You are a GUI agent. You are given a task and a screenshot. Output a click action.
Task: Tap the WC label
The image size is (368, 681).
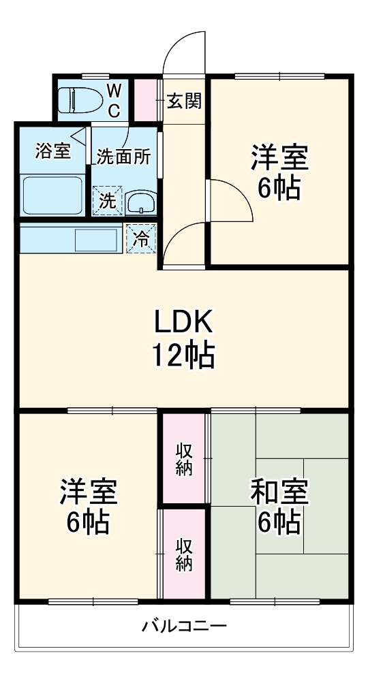(x=114, y=99)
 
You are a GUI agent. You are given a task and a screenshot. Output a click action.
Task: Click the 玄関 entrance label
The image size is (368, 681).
(x=184, y=101)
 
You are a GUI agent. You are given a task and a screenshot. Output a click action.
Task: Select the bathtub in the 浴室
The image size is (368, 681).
(x=52, y=194)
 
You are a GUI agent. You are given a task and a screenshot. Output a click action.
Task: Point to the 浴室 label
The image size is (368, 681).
(x=52, y=152)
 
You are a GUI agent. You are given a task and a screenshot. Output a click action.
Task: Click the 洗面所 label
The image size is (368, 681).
(x=123, y=156)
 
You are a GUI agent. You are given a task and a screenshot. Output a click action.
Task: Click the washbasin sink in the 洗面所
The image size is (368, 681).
(x=141, y=202)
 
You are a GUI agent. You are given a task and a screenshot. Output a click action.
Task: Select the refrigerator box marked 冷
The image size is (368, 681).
(x=141, y=238)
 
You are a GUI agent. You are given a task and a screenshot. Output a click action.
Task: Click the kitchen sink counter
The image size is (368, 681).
(x=71, y=239)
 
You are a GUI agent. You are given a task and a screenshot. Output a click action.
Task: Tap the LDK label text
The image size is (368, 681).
(x=183, y=319)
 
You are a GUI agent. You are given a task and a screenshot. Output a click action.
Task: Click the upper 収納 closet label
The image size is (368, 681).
(x=184, y=458)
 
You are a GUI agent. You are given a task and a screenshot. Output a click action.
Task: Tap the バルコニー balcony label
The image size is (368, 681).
(x=183, y=625)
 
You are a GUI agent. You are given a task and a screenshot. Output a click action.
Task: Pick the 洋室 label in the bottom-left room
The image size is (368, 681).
(x=88, y=492)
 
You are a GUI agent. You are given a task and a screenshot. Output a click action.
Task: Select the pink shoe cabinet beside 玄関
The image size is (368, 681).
(x=144, y=101)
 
